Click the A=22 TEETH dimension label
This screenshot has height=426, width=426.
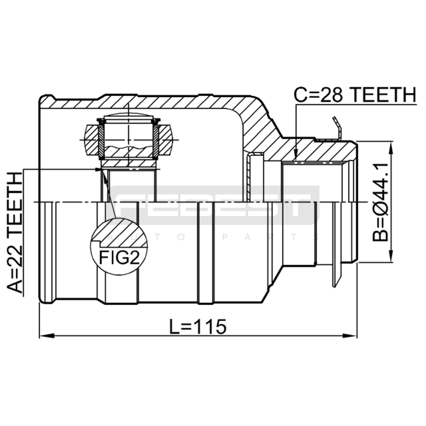(15, 233)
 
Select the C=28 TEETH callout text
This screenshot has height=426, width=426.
(355, 95)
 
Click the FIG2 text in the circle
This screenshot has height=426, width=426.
(119, 257)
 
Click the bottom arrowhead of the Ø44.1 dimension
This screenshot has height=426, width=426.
(391, 255)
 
